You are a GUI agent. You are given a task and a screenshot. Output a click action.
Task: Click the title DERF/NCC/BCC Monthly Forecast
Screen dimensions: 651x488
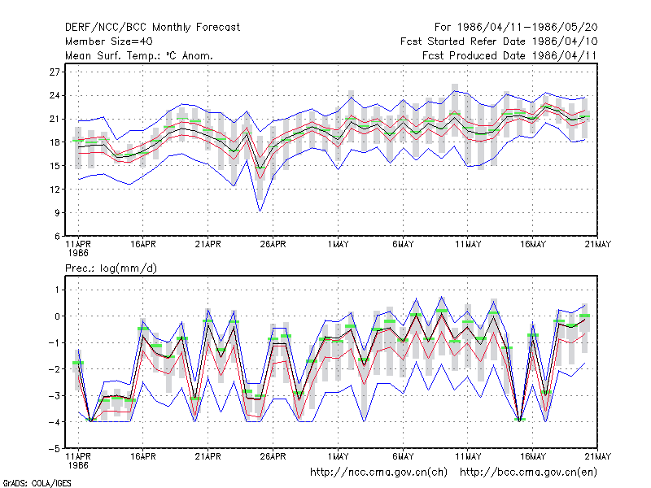click(x=152, y=28)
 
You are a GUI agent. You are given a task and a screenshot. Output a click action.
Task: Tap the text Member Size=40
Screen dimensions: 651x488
click(x=109, y=41)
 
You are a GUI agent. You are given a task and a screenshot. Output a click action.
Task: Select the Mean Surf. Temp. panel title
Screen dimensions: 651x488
click(x=139, y=55)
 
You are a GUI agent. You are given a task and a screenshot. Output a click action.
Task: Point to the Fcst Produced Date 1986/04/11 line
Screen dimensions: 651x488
click(x=509, y=55)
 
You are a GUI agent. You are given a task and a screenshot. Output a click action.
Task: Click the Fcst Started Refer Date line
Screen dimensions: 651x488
click(x=499, y=41)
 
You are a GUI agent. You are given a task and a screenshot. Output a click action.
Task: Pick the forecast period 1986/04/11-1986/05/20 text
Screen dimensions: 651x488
click(x=516, y=28)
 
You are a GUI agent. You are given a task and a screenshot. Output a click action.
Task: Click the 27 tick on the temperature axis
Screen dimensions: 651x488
click(x=55, y=72)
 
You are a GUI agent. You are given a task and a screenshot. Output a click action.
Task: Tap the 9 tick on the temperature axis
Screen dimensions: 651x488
click(x=57, y=213)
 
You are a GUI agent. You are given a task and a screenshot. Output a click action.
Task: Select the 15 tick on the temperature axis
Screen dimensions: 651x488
click(x=55, y=166)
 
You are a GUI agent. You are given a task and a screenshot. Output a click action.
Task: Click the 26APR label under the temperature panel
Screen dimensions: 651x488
click(x=273, y=244)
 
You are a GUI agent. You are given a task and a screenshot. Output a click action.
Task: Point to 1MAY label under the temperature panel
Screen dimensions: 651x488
click(x=338, y=244)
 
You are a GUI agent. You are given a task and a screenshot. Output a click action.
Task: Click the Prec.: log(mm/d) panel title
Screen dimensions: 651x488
click(x=111, y=268)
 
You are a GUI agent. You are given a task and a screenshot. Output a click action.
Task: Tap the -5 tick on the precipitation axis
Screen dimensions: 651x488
click(x=55, y=449)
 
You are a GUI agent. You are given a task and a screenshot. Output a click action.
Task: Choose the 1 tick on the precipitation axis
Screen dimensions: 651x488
click(x=57, y=290)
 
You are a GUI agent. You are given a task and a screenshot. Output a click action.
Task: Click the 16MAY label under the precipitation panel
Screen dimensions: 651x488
click(x=533, y=456)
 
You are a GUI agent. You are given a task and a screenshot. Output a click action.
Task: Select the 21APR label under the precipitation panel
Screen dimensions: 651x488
click(x=208, y=456)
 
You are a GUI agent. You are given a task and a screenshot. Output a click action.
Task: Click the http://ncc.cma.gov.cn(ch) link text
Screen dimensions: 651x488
click(x=378, y=473)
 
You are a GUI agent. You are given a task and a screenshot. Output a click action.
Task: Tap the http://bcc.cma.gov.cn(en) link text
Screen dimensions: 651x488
click(x=528, y=473)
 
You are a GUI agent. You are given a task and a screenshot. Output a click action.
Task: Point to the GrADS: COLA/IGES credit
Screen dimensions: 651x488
click(x=37, y=483)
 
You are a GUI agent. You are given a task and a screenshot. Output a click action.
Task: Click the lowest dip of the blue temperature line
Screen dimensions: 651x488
click(x=260, y=211)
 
